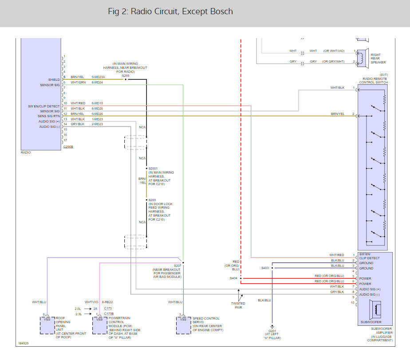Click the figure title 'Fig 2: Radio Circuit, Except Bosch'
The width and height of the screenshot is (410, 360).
[x=170, y=12]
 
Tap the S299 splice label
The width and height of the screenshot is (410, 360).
[x=126, y=75]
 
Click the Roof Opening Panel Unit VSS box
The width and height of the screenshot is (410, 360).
[x=47, y=325]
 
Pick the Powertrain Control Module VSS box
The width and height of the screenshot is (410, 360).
[x=99, y=325]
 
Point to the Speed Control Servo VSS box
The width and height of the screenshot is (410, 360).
[x=183, y=325]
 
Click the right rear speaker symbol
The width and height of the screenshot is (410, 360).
[x=362, y=57]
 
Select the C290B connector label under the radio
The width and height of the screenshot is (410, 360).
[x=68, y=146]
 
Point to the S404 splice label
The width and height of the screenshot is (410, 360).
[x=233, y=278]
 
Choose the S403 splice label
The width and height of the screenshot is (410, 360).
[x=265, y=268]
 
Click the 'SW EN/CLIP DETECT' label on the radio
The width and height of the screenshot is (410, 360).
[x=43, y=106]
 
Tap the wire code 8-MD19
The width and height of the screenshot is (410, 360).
[x=97, y=103]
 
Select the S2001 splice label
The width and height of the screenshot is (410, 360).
[x=153, y=169]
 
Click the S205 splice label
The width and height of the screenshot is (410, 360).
[x=152, y=200]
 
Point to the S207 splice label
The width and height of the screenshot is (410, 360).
[x=177, y=265]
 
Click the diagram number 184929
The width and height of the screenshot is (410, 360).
[x=23, y=343]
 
